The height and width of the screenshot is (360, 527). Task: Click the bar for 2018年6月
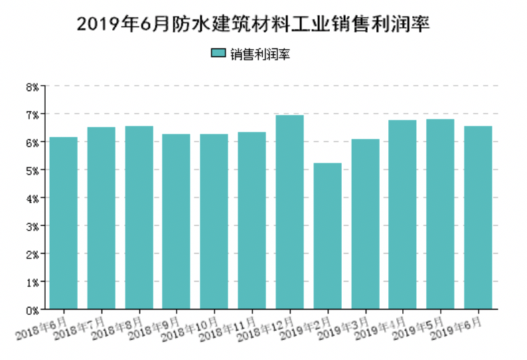(64, 223)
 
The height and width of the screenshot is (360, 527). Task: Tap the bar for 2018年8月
(139, 218)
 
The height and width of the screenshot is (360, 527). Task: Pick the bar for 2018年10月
(214, 222)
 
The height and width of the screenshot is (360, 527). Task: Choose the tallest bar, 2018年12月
(290, 213)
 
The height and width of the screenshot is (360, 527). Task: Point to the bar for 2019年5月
(441, 215)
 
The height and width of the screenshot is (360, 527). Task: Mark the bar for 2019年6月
(478, 218)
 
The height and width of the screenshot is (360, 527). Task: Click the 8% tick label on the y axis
(33, 86)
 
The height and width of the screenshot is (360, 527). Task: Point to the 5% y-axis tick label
(33, 170)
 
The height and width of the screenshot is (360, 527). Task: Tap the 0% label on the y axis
(33, 310)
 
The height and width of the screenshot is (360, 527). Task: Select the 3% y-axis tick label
(33, 226)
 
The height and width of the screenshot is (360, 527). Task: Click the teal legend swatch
(218, 53)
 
